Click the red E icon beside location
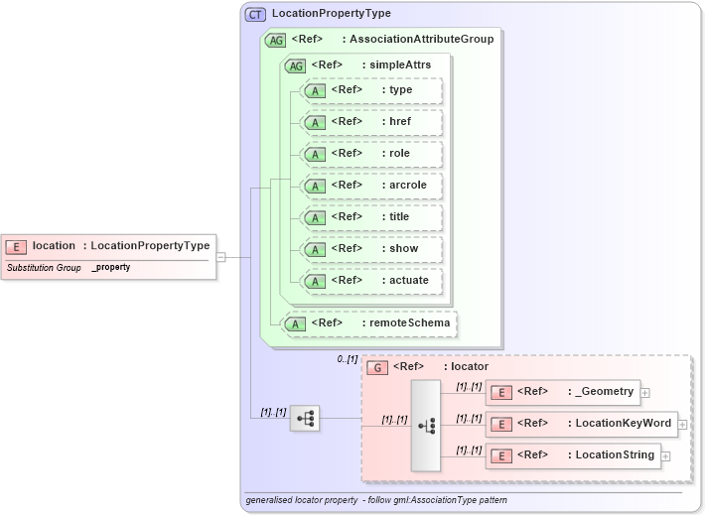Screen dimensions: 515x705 tap(17, 246)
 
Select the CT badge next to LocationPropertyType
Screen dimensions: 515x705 tap(256, 14)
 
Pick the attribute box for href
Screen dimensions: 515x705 tap(372, 121)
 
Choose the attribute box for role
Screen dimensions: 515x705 tap(372, 153)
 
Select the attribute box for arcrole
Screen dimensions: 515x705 tap(372, 185)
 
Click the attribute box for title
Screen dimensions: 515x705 tap(372, 216)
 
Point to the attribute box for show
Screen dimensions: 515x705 tap(372, 248)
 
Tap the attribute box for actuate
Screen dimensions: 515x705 tap(372, 280)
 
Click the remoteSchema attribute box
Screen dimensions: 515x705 tap(371, 322)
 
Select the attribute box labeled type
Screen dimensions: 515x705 tap(372, 89)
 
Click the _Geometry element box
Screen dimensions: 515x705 tap(562, 392)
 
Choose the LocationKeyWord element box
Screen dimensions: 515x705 tap(581, 424)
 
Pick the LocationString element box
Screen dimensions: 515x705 tap(573, 455)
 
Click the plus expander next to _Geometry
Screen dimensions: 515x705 tap(645, 393)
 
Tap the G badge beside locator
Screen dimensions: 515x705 tap(377, 367)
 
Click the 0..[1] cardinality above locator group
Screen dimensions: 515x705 tap(347, 358)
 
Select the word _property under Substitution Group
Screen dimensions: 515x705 tap(111, 268)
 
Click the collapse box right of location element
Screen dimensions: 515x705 tap(220, 256)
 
